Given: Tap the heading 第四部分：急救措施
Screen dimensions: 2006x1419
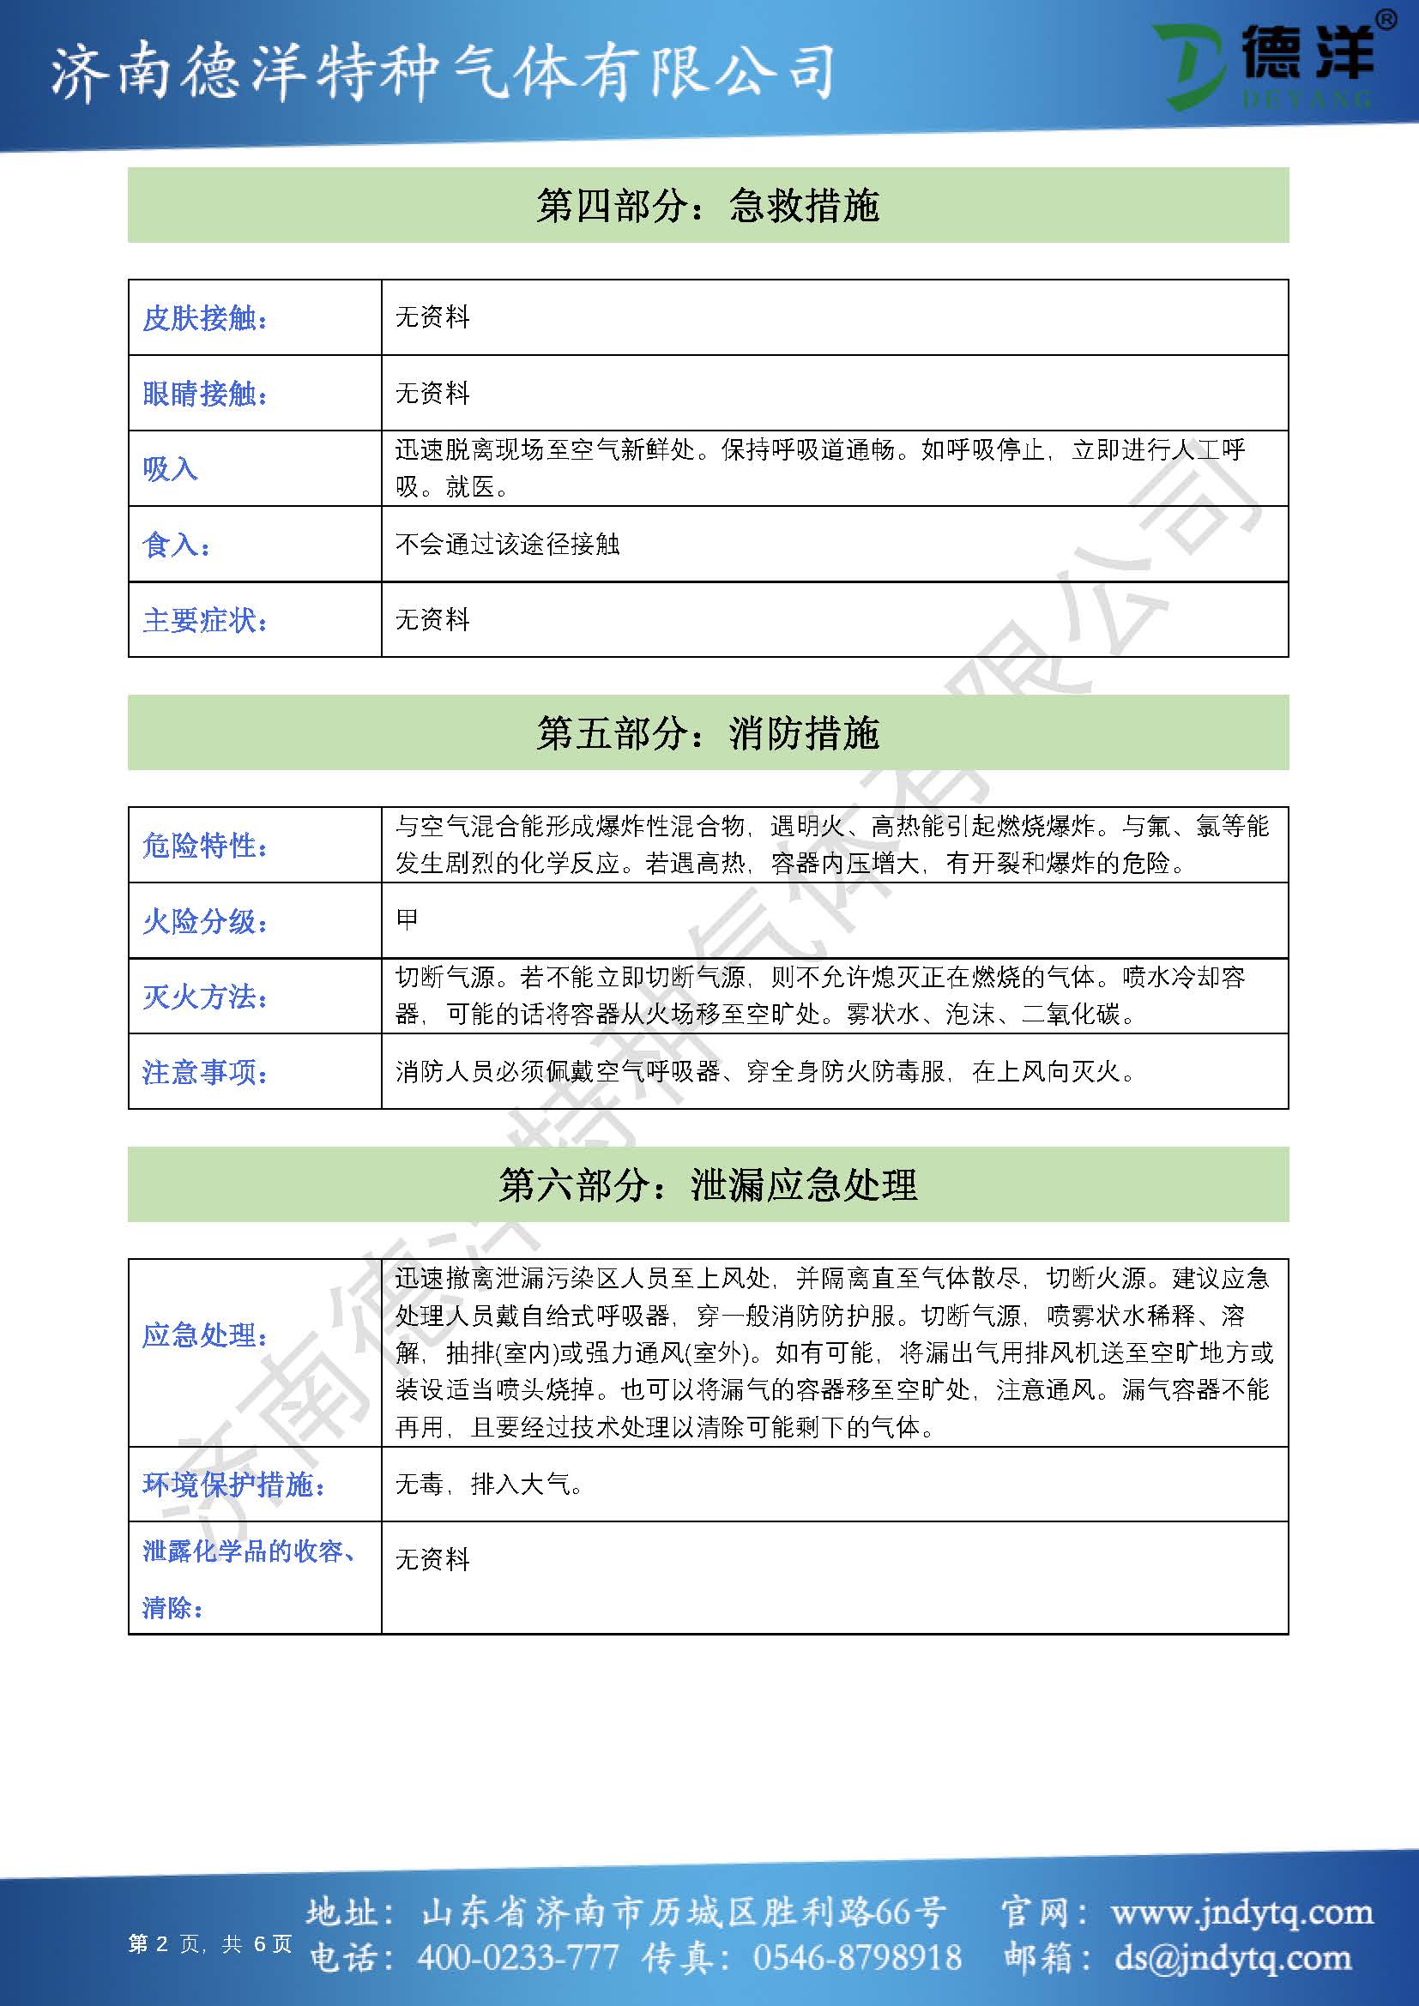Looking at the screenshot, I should (x=708, y=206).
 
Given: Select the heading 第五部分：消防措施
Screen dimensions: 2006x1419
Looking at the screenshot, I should (x=708, y=733).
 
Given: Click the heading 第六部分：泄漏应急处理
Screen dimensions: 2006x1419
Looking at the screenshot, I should (x=708, y=1184).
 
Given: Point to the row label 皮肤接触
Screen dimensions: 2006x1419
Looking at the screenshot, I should (x=205, y=318).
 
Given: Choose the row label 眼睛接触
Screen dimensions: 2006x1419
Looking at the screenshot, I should (x=205, y=394).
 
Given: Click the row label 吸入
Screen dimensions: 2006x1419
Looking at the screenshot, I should (x=171, y=469).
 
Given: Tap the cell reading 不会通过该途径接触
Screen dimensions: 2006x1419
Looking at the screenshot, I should (x=507, y=545).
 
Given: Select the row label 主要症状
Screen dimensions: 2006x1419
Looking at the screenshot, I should (x=205, y=620).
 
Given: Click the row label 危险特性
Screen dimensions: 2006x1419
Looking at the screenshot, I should (x=205, y=846).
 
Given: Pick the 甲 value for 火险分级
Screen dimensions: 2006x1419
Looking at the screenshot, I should (x=408, y=919).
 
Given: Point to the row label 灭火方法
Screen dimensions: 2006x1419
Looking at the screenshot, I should (x=205, y=997).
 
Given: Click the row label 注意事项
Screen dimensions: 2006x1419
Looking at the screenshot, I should (x=205, y=1072).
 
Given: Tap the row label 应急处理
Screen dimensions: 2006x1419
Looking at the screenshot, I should (x=205, y=1335).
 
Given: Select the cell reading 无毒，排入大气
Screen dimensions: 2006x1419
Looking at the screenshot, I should (x=489, y=1485).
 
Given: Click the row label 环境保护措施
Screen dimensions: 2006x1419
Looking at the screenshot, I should (x=233, y=1485).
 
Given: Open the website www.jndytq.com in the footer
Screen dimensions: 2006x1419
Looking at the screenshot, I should (x=1241, y=1913).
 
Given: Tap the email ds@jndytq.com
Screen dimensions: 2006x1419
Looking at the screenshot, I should (x=1233, y=1958).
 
